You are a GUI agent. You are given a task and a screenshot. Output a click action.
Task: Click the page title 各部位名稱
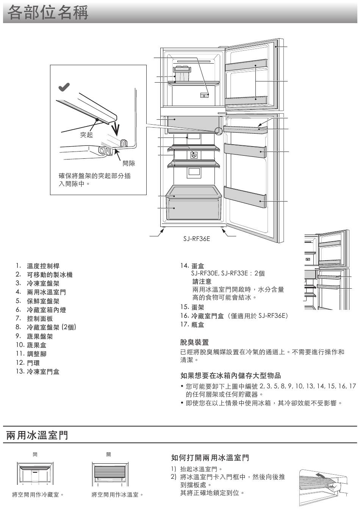tap(48, 13)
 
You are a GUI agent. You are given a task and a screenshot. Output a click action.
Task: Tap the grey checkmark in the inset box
tap(64, 87)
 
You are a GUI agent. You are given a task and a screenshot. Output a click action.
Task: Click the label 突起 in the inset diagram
tap(86, 135)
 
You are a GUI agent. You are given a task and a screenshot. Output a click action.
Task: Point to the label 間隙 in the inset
tap(129, 163)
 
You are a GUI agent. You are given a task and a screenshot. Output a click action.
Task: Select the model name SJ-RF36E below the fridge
tap(197, 239)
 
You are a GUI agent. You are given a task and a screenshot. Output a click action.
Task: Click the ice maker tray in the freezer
tap(182, 73)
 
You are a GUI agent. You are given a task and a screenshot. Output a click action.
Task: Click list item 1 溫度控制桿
tap(38, 266)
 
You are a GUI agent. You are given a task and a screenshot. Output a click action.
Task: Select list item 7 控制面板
tap(34, 318)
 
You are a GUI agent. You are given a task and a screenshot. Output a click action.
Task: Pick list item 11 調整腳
tap(31, 354)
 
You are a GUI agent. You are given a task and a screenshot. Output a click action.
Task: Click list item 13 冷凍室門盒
tap(38, 371)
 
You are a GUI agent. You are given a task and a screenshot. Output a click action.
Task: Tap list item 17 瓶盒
tap(193, 324)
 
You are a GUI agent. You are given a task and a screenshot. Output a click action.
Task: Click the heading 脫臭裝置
tap(194, 342)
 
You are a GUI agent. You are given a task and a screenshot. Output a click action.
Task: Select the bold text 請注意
tap(202, 281)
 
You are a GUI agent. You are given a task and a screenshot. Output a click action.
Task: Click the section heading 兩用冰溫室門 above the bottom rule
tap(37, 435)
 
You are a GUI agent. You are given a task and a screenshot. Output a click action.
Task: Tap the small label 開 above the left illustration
tap(35, 454)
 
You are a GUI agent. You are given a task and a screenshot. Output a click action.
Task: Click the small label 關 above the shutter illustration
tap(109, 454)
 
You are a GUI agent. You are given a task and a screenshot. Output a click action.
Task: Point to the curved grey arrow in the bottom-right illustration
tap(320, 475)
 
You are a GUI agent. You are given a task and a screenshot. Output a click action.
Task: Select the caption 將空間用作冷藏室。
tap(38, 494)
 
